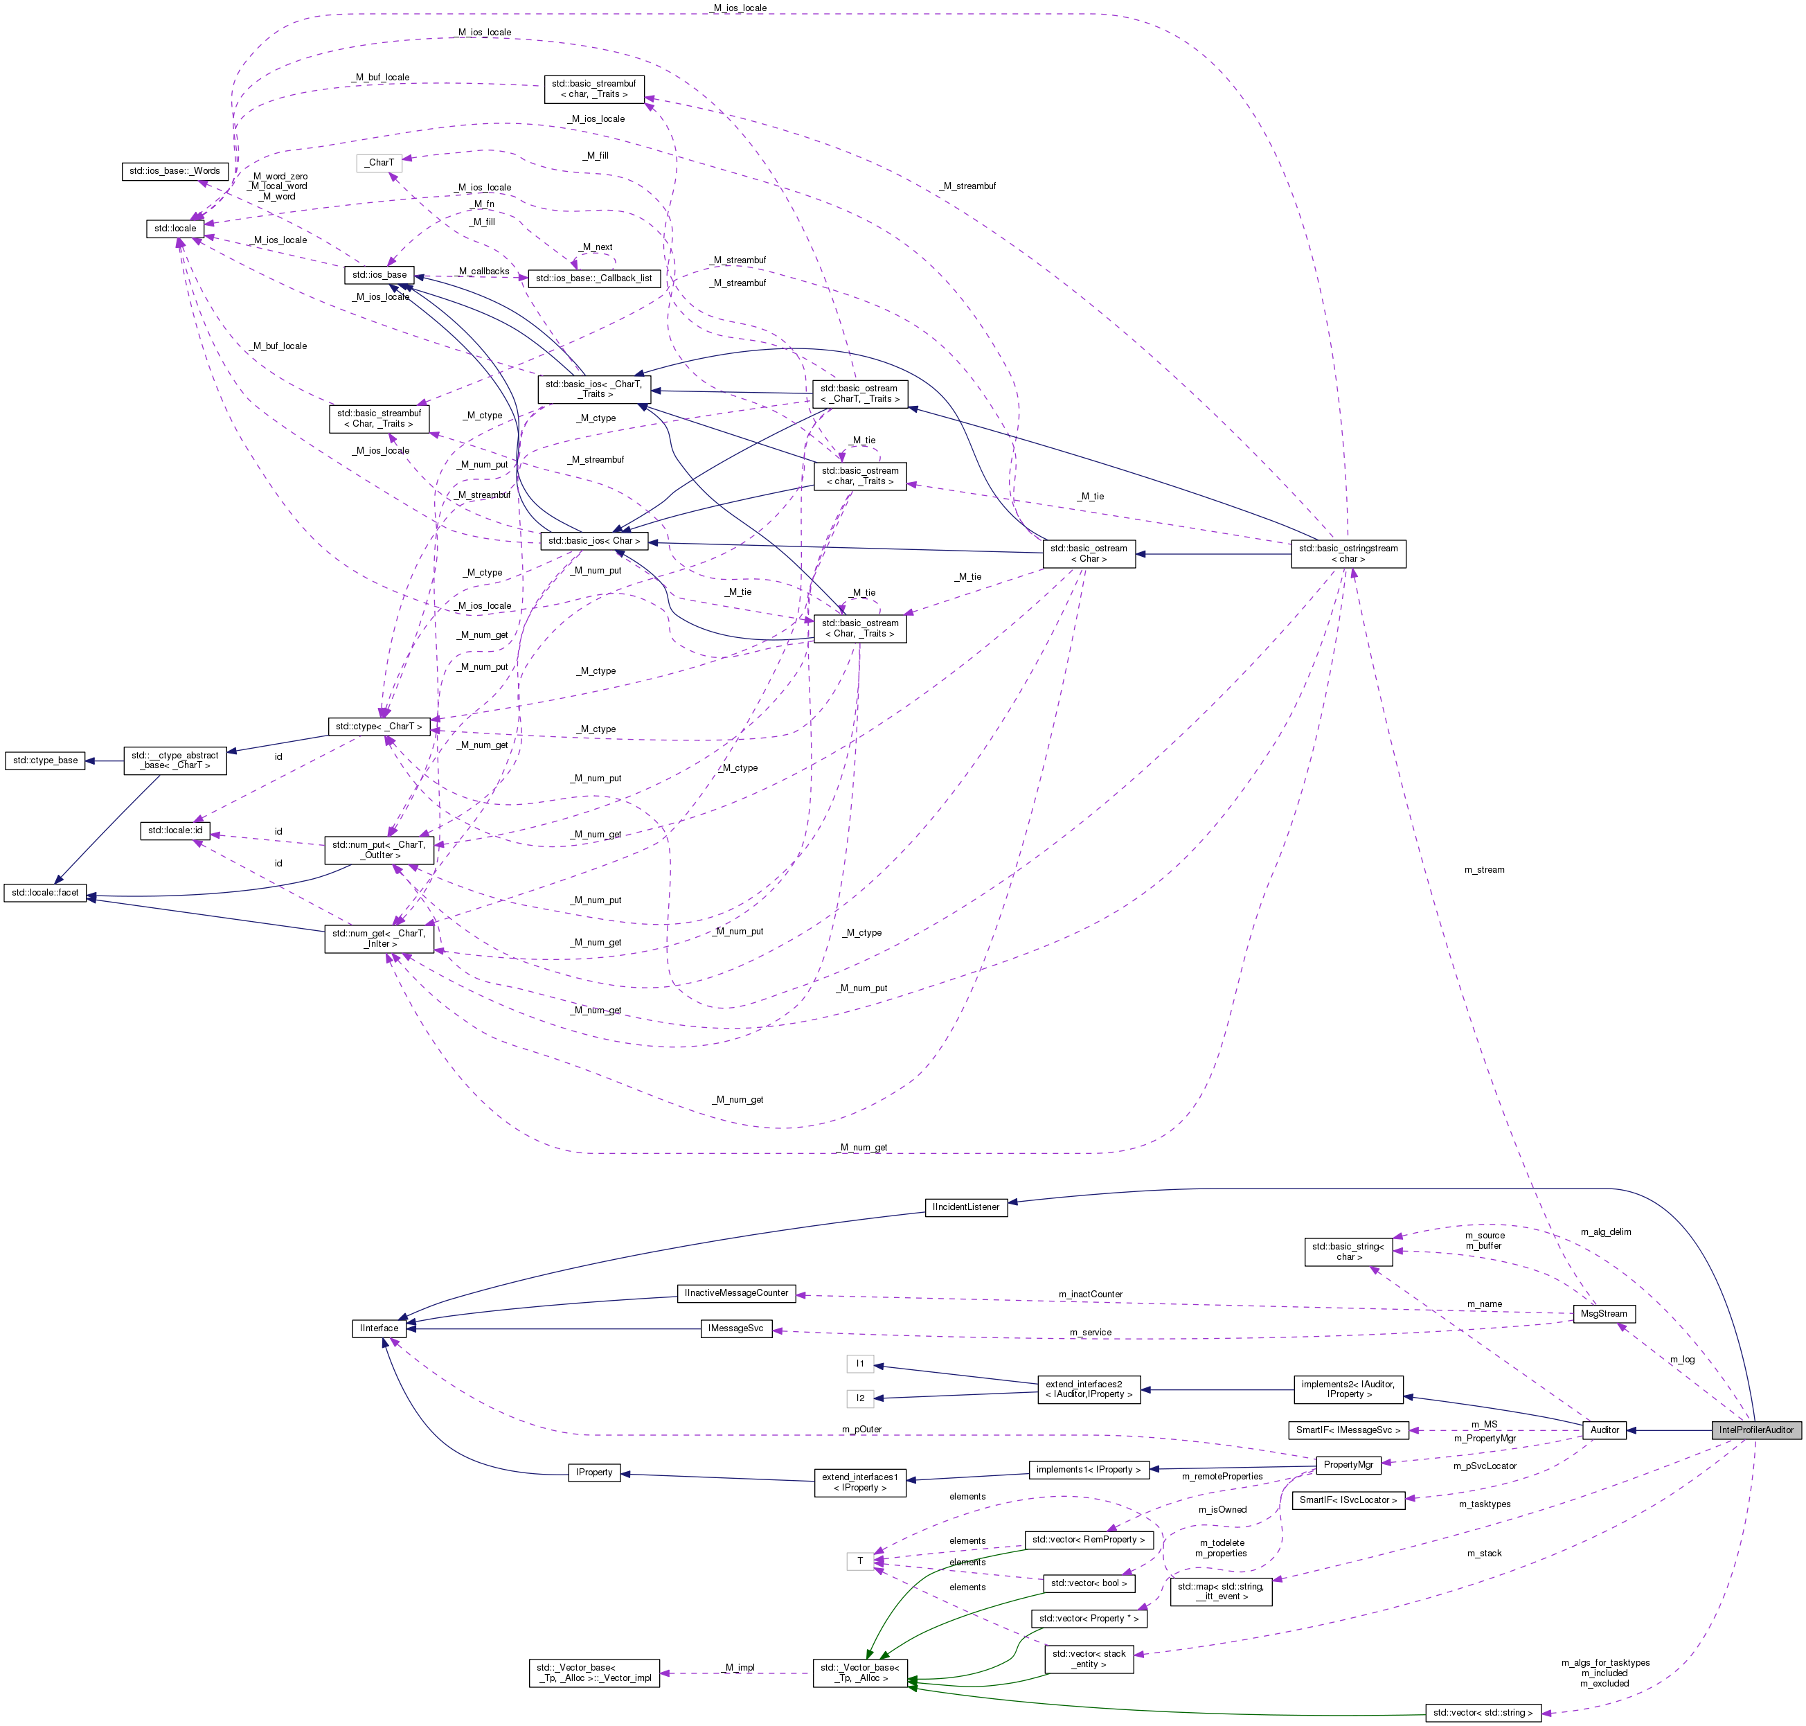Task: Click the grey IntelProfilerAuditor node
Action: pos(1755,1430)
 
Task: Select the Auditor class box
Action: pos(1604,1430)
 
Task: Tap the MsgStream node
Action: pos(1602,1314)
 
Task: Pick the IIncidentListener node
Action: pos(965,1207)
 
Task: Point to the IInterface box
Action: pos(379,1328)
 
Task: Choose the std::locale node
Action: pos(175,228)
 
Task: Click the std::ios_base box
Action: pos(379,275)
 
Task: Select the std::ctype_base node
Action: pos(45,761)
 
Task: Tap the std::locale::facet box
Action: pos(45,893)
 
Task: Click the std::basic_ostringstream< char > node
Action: pos(1348,554)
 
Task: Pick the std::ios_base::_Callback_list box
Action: pos(593,278)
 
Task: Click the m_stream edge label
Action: pos(1484,869)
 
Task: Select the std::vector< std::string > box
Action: pos(1482,1713)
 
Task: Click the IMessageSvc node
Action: pos(735,1328)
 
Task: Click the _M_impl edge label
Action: pos(739,1667)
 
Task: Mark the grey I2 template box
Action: pos(859,1398)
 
